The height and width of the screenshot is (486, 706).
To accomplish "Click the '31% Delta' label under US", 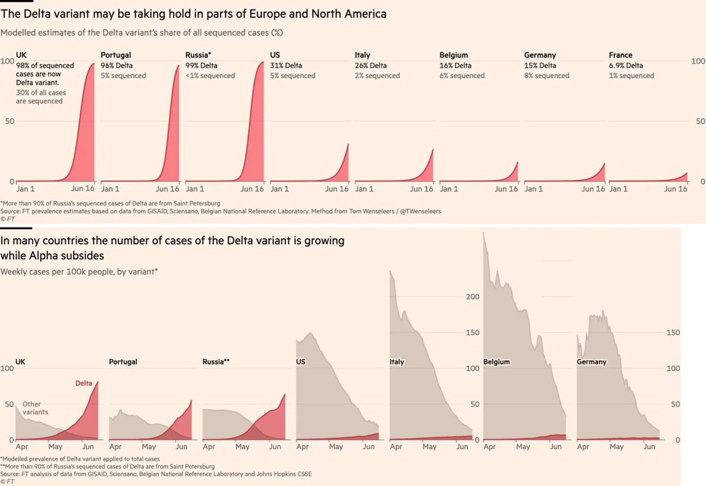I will point(286,65).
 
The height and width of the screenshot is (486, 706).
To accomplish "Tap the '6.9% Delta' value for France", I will point(626,65).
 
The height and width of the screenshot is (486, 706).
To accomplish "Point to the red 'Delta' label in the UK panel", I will point(84,383).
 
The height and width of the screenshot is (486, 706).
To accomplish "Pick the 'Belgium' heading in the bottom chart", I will point(497,362).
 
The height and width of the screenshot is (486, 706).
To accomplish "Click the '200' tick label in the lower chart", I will point(472,296).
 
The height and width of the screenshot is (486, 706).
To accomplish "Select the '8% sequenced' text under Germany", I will point(547,75).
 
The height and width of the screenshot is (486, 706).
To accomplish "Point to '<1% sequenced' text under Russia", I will point(210,75).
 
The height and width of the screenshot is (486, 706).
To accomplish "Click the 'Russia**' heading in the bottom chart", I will point(216,362).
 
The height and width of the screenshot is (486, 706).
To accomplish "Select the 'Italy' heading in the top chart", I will point(362,55).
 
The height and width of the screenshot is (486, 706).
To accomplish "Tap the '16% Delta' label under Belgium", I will point(455,65).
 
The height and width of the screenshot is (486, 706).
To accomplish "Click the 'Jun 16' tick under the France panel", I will point(676,189).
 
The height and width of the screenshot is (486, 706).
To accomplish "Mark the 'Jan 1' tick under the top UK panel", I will point(25,189).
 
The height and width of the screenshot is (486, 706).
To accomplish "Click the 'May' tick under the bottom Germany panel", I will point(617,447).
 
